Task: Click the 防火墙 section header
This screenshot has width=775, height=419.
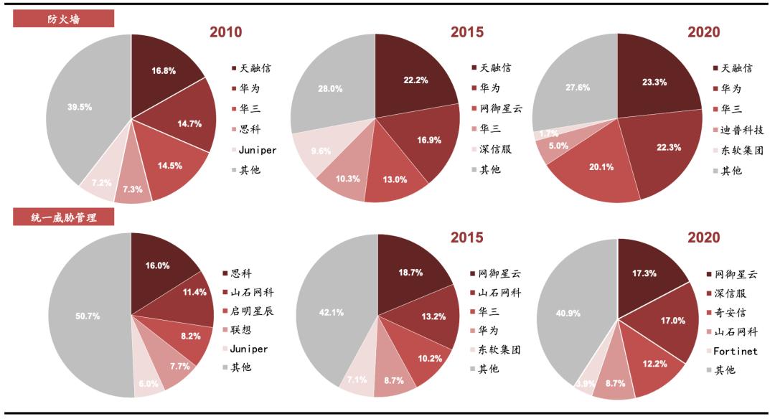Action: coord(64,19)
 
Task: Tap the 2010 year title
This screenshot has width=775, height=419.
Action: coord(225,32)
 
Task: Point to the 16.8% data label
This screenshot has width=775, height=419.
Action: coord(164,71)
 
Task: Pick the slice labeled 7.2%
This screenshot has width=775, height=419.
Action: coord(102,183)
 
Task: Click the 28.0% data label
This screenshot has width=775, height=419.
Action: coord(330,89)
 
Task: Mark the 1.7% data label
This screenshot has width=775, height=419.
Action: coord(548,133)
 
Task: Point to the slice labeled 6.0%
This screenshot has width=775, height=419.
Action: coord(149,383)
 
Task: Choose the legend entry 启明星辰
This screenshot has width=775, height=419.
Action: coord(252,311)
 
